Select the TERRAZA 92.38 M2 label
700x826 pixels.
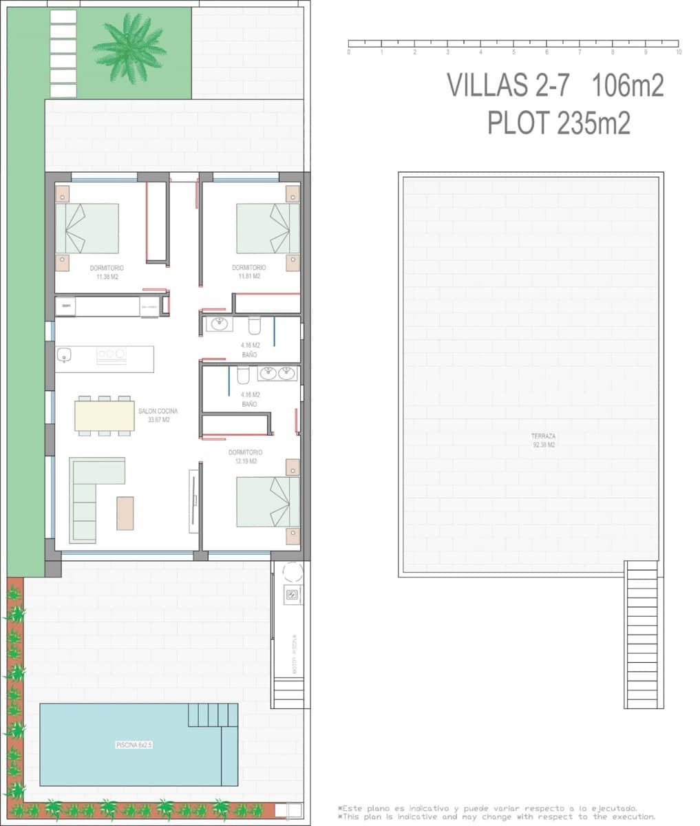[543, 441]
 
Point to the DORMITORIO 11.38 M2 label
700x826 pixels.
[107, 271]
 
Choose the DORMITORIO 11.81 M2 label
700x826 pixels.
[249, 271]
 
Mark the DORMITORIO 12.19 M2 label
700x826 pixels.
[246, 456]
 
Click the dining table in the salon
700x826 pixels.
[105, 416]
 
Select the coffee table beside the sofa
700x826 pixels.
[125, 513]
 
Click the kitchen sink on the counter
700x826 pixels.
[64, 355]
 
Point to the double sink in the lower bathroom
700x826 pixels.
[277, 373]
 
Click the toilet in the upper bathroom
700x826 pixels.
[255, 325]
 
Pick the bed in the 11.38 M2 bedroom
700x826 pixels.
[86, 228]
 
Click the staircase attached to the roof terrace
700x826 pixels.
[644, 637]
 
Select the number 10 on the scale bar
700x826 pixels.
[679, 52]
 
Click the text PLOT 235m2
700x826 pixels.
[558, 123]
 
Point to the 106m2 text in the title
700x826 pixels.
[627, 86]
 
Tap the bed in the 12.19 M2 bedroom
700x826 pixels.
[267, 502]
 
